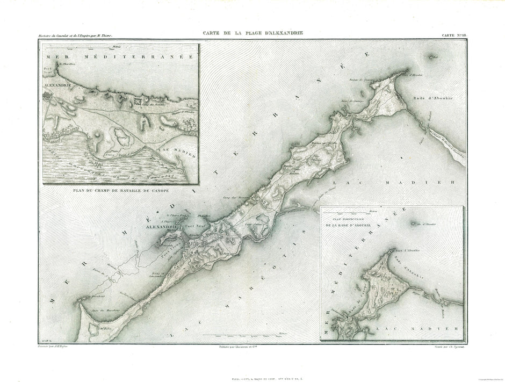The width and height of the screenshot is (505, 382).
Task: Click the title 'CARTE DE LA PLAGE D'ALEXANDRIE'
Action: pyautogui.click(x=252, y=33)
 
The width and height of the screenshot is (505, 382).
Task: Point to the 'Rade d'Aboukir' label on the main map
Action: pyautogui.click(x=432, y=98)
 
